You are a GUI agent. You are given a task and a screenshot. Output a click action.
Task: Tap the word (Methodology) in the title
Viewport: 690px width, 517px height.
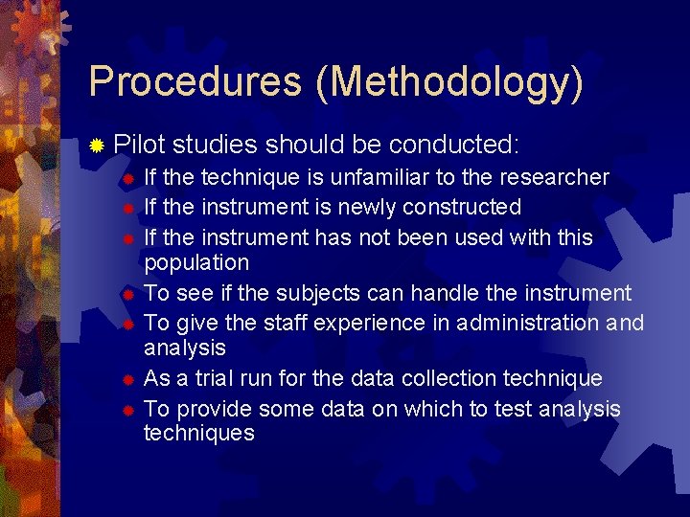[x=448, y=83]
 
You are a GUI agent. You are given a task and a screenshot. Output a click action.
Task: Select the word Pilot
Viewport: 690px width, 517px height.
[x=140, y=145]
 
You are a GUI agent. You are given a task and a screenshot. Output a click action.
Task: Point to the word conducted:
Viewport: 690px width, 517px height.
[x=454, y=145]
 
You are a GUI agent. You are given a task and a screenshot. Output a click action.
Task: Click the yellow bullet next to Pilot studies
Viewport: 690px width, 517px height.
[x=97, y=146]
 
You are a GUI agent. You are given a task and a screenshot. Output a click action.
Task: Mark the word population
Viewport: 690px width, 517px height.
[x=196, y=263]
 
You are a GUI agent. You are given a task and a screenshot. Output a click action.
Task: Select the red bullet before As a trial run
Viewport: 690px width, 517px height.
[x=128, y=381]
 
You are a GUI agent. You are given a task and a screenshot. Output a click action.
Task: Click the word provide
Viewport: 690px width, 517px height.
[x=216, y=410]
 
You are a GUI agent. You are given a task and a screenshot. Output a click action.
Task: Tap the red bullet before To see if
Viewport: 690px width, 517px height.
[x=128, y=295]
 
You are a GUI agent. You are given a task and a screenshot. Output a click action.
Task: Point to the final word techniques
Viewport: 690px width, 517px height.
[x=199, y=433]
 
